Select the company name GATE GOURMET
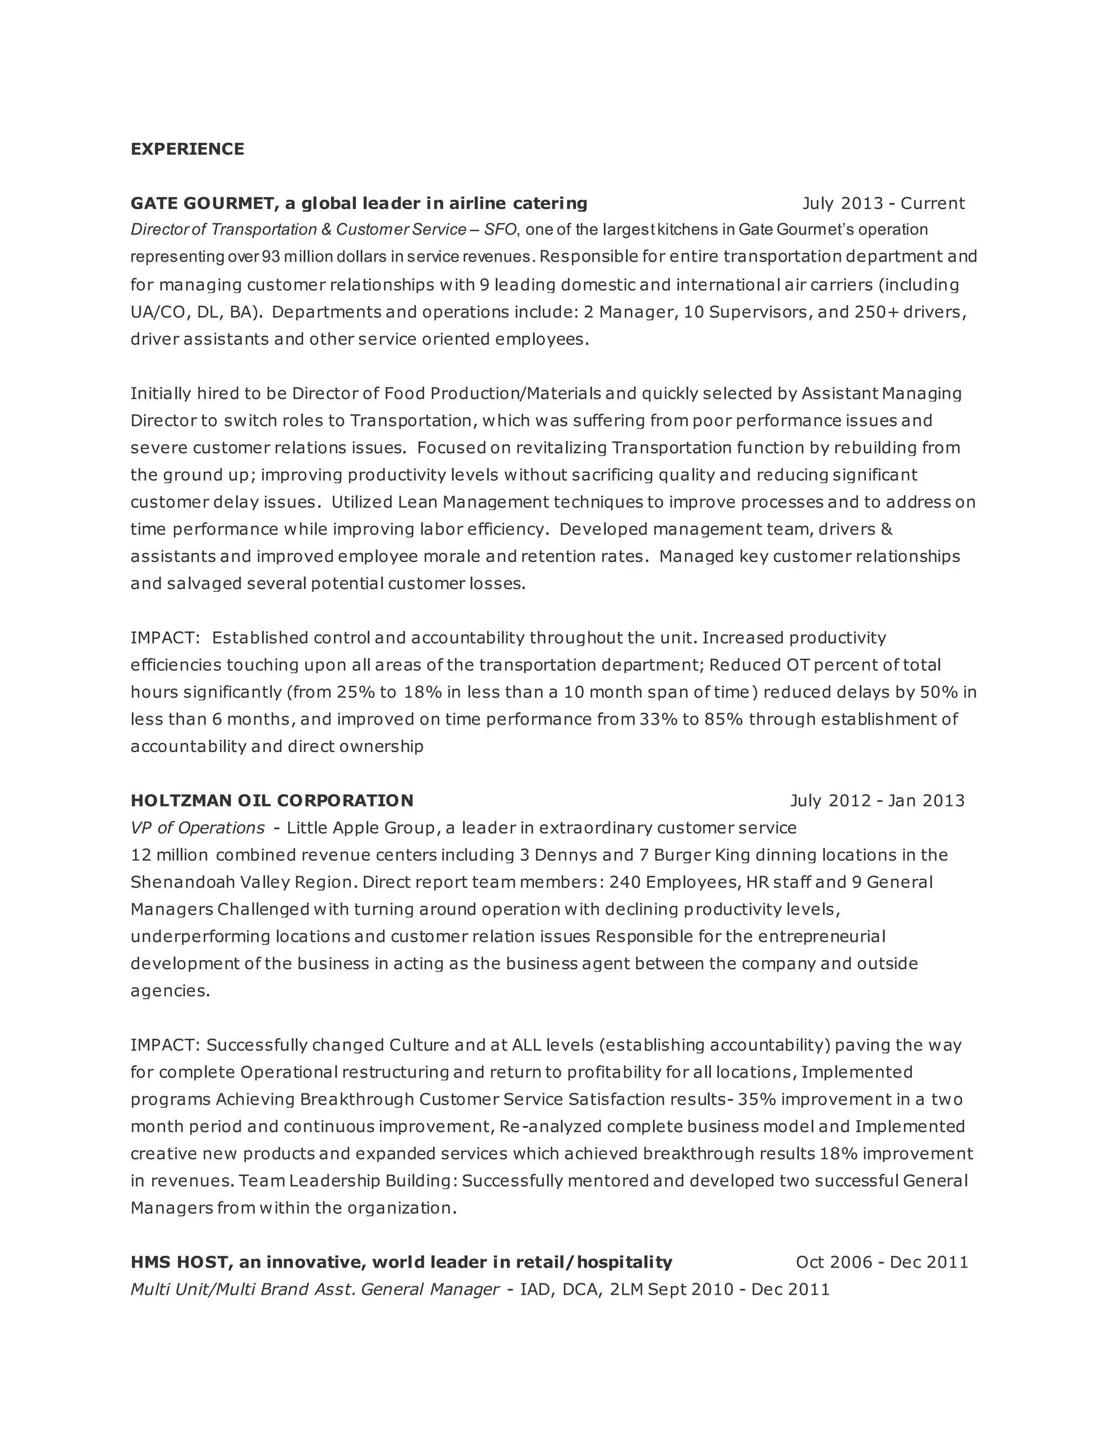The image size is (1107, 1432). (202, 203)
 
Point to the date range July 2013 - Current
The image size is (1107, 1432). (883, 203)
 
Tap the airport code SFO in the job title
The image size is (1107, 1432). (501, 230)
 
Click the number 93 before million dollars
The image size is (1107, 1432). (271, 256)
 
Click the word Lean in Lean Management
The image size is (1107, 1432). (417, 501)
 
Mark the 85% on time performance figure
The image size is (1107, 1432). (724, 719)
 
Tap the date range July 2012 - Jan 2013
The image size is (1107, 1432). (877, 801)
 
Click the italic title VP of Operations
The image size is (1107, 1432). (197, 828)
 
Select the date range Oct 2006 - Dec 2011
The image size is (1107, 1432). (882, 1262)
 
